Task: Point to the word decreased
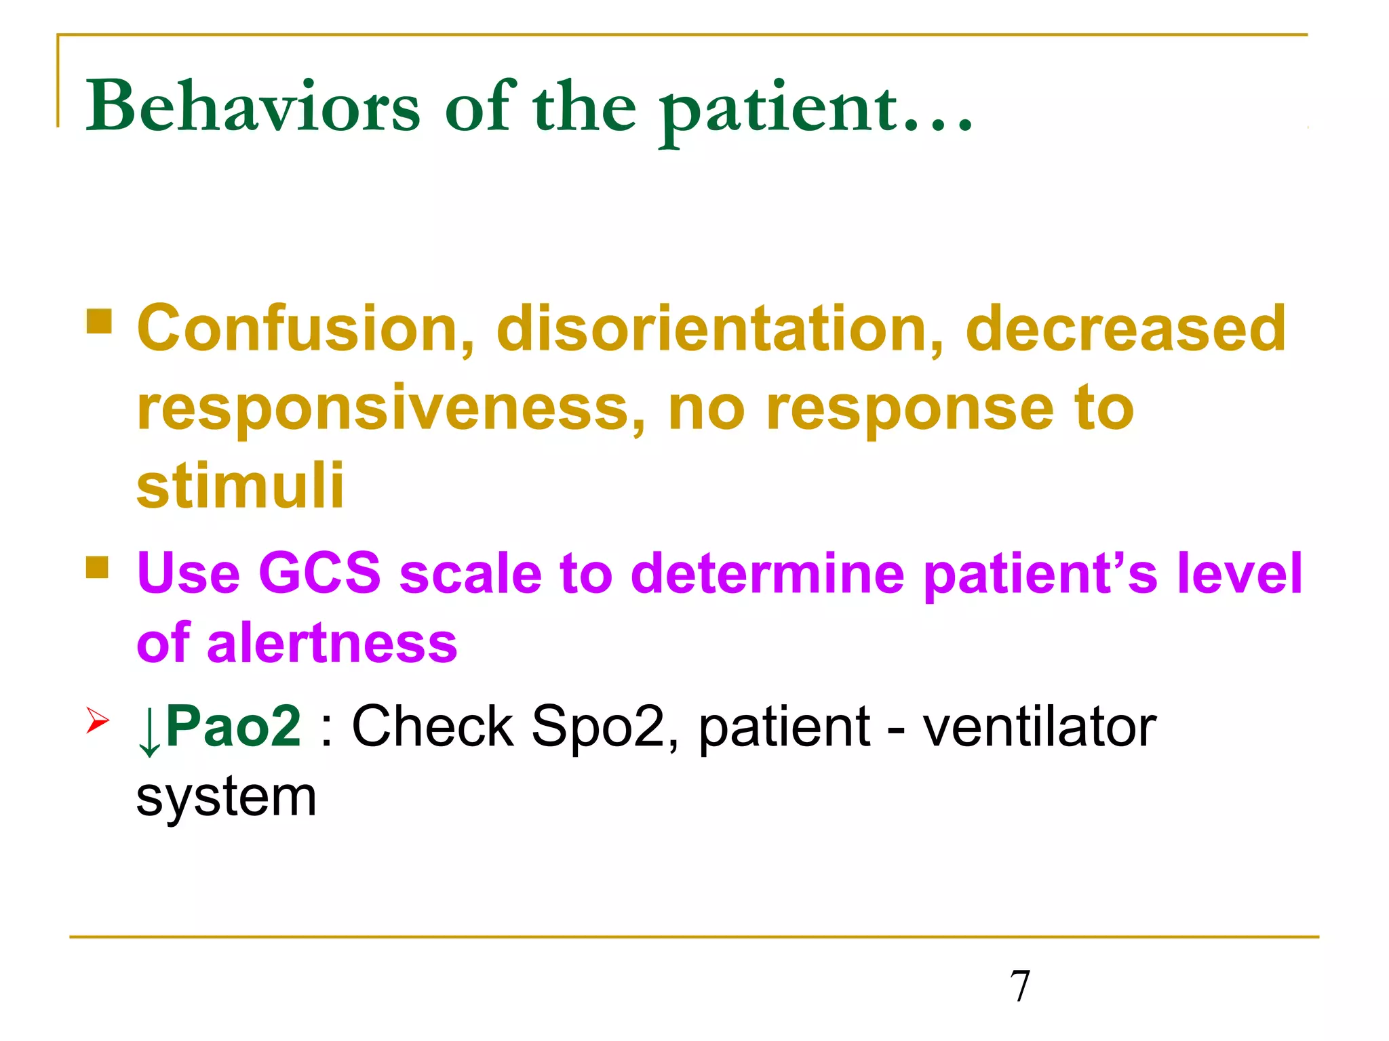(x=1125, y=328)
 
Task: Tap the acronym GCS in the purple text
(x=319, y=573)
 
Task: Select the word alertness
(x=332, y=643)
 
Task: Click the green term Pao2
(x=233, y=726)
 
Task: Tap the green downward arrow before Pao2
(x=149, y=731)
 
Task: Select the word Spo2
(x=598, y=726)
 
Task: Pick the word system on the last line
(x=227, y=798)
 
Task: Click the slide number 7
(x=1019, y=985)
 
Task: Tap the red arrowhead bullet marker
(x=97, y=720)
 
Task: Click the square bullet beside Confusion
(x=99, y=321)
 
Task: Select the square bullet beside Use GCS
(x=98, y=567)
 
